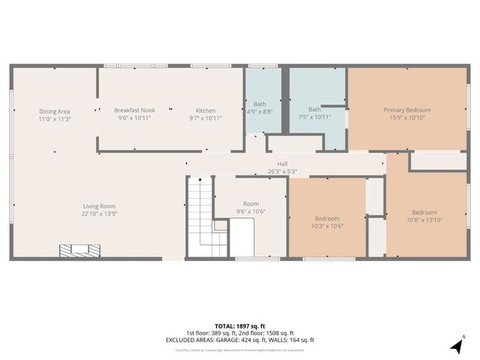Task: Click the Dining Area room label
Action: click(x=54, y=111)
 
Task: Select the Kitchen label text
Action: click(x=205, y=111)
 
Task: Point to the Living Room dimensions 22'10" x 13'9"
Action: click(x=100, y=213)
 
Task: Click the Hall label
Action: click(x=282, y=164)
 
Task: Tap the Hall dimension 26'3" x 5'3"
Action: click(x=282, y=172)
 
